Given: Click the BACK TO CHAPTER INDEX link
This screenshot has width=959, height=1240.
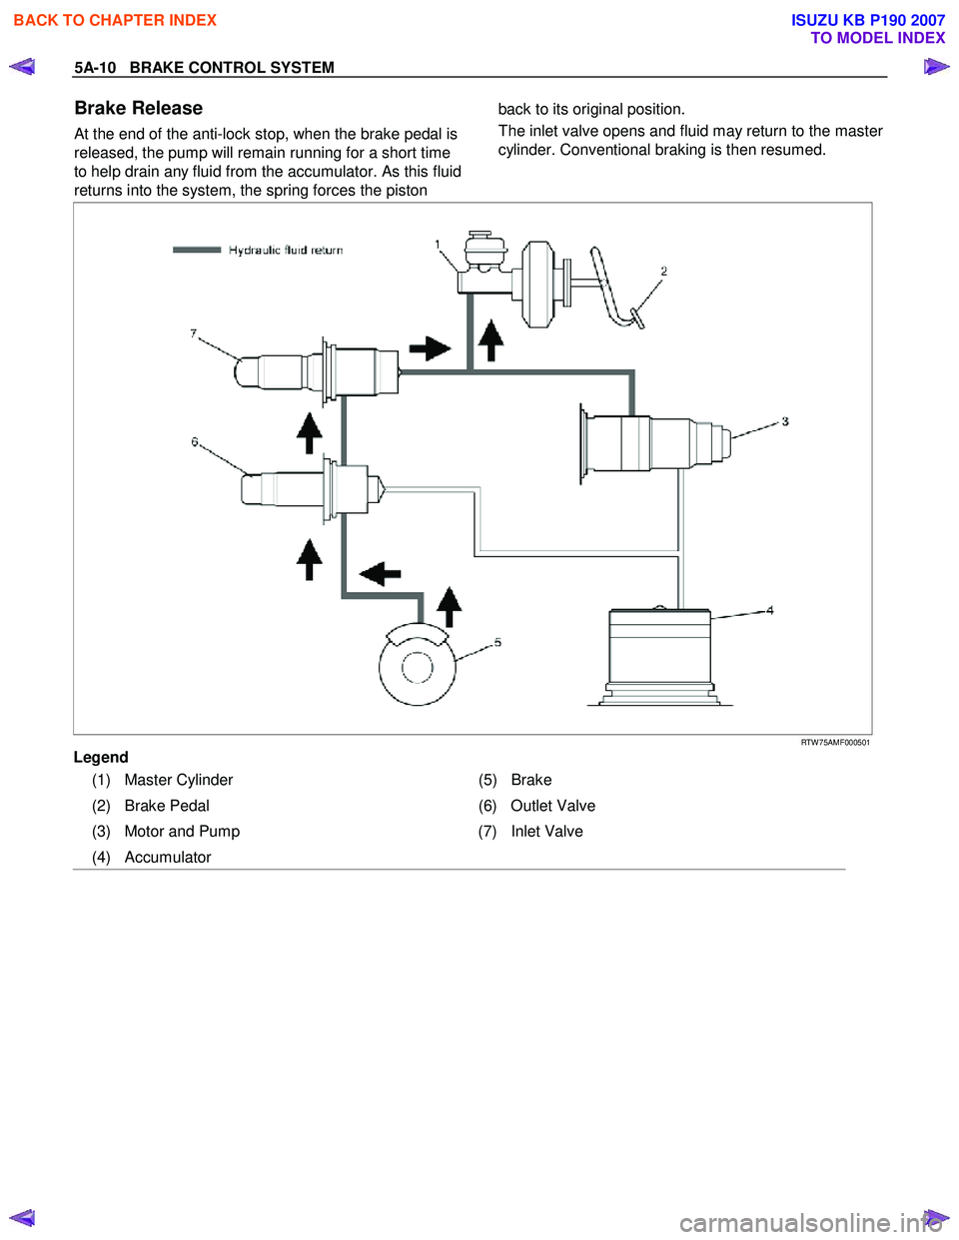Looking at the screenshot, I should click(x=115, y=20).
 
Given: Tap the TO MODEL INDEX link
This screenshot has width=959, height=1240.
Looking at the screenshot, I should click(x=877, y=38).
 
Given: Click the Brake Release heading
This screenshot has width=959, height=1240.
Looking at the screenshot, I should click(x=139, y=108).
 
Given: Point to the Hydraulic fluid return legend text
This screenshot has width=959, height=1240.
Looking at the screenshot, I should click(x=285, y=251).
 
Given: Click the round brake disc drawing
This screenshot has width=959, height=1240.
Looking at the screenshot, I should click(x=418, y=666).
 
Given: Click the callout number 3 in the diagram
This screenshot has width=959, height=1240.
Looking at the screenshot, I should click(x=785, y=421).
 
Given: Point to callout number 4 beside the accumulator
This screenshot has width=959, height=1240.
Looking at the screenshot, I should click(x=769, y=610).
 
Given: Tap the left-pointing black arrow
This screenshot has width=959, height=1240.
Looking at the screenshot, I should click(x=380, y=573).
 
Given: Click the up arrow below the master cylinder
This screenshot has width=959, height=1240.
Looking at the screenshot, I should click(x=490, y=340).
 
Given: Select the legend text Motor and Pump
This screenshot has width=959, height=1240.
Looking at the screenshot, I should click(x=182, y=832).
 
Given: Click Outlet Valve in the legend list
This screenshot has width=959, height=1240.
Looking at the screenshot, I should click(x=552, y=806).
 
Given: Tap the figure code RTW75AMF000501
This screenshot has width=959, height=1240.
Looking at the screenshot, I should click(x=835, y=743).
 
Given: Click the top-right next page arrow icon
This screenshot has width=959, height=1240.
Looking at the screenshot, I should click(x=936, y=67).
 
